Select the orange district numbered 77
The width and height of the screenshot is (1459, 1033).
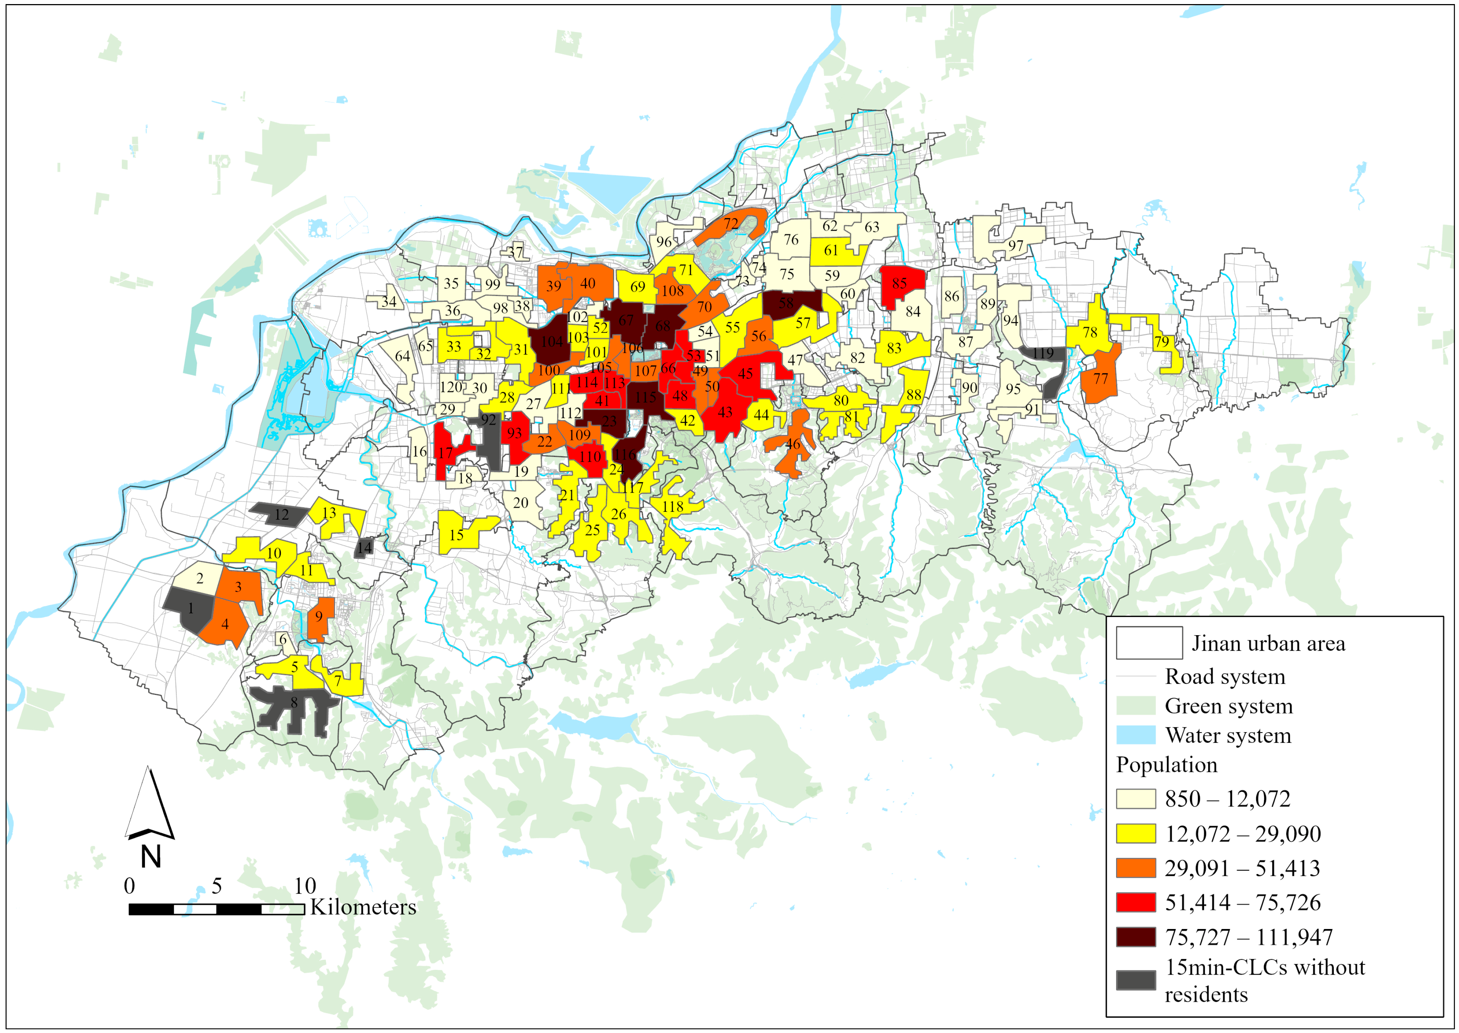pos(1100,379)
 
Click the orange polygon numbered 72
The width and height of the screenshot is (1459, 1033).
pos(732,224)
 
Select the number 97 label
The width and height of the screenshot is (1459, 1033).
pos(1015,246)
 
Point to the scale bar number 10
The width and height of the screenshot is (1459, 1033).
pos(305,886)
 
